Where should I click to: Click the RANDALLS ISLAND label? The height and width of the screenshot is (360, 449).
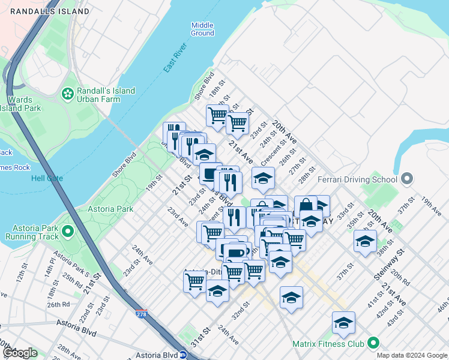[x=50, y=11]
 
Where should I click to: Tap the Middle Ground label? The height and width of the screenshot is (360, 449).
[x=202, y=29]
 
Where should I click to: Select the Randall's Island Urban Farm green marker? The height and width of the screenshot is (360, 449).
[x=67, y=94]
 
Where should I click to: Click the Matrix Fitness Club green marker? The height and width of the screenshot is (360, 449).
[x=373, y=344]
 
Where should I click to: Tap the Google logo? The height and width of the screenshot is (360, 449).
[x=19, y=353]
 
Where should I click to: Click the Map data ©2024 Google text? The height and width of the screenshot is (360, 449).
[x=411, y=355]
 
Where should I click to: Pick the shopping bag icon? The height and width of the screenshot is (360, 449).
[x=306, y=205]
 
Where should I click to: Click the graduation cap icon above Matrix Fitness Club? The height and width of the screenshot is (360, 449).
[x=343, y=322]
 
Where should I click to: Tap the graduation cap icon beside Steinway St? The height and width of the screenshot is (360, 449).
[x=365, y=241]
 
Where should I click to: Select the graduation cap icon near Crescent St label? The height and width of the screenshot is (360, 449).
[x=262, y=178]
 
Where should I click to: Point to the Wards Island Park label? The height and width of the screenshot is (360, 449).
[x=20, y=104]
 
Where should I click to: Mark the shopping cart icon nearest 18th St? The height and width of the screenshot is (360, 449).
[x=217, y=113]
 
